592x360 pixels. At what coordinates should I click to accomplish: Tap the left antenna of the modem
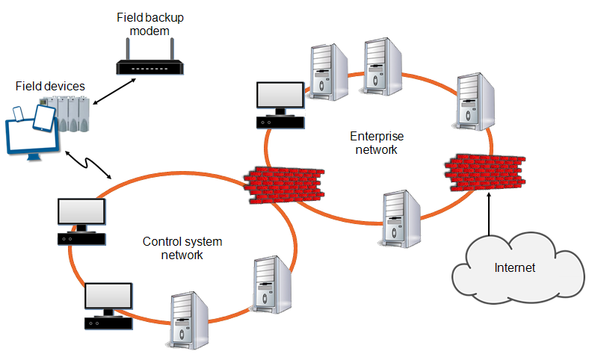[127, 49]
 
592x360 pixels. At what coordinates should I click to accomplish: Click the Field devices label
[49, 87]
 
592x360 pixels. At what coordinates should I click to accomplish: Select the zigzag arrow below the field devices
[88, 164]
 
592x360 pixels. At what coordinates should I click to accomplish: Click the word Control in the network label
[161, 242]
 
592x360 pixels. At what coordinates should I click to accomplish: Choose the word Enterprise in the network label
[377, 137]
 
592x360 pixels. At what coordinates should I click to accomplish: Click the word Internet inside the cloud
[514, 267]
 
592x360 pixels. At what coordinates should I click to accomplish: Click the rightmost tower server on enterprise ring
[475, 103]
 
